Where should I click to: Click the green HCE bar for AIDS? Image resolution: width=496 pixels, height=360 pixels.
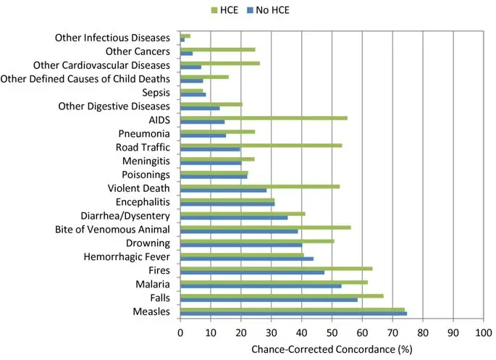(x=264, y=117)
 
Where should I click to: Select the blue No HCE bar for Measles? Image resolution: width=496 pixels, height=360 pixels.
(x=293, y=314)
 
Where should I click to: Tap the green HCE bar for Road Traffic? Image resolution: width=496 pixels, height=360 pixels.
(x=261, y=145)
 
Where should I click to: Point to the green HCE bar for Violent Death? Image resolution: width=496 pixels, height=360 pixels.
(x=260, y=186)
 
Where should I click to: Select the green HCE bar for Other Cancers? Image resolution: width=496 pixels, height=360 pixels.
(x=217, y=49)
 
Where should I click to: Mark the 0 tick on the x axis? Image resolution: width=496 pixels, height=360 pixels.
(x=180, y=332)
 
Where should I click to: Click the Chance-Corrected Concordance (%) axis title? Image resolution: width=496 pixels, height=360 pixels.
(x=331, y=348)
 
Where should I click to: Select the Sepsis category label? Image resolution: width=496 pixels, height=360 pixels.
(x=156, y=93)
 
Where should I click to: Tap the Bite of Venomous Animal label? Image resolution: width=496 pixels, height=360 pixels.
(x=112, y=230)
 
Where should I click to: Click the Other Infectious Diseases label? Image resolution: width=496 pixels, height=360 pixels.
(x=112, y=38)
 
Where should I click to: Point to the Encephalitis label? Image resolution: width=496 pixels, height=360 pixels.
(x=143, y=202)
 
